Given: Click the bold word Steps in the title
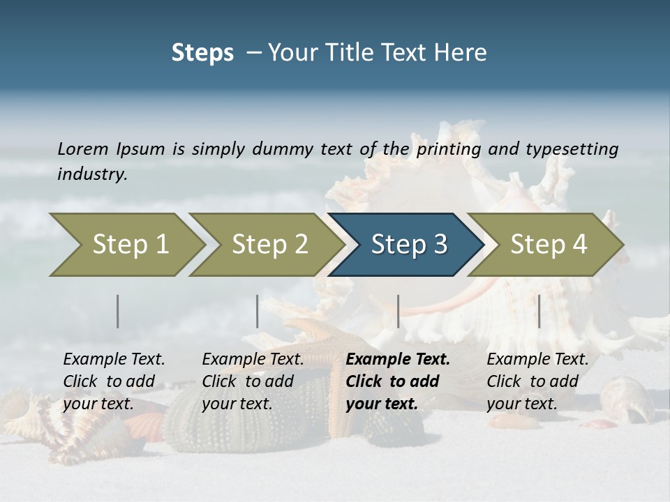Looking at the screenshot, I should (202, 53).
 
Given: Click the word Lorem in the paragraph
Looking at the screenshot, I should (82, 149).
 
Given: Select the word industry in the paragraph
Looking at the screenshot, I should (92, 174).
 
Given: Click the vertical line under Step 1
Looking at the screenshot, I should (118, 311).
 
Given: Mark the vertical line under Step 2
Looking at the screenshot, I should (258, 311).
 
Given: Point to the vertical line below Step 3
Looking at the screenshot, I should (399, 311).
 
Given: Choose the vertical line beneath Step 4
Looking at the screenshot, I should (539, 311).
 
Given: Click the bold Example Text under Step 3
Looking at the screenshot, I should (398, 360).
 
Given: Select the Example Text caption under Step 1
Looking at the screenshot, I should (114, 360).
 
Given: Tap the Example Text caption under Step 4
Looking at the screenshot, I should (537, 360).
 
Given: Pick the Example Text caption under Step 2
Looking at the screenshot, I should (253, 360).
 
